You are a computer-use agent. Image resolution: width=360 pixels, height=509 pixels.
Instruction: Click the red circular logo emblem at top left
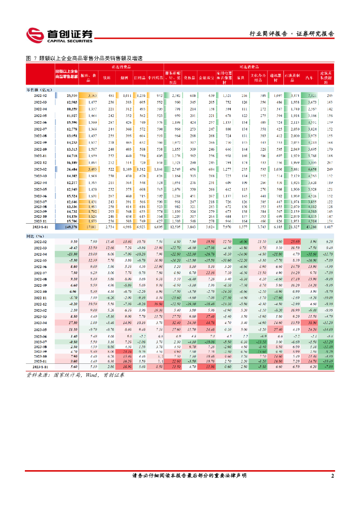(35, 35)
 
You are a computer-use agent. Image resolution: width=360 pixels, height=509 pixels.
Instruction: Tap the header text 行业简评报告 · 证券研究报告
(291, 34)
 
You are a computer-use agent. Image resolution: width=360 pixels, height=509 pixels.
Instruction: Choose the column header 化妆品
(189, 77)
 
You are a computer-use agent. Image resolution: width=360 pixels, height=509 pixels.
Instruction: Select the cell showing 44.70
(210, 323)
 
